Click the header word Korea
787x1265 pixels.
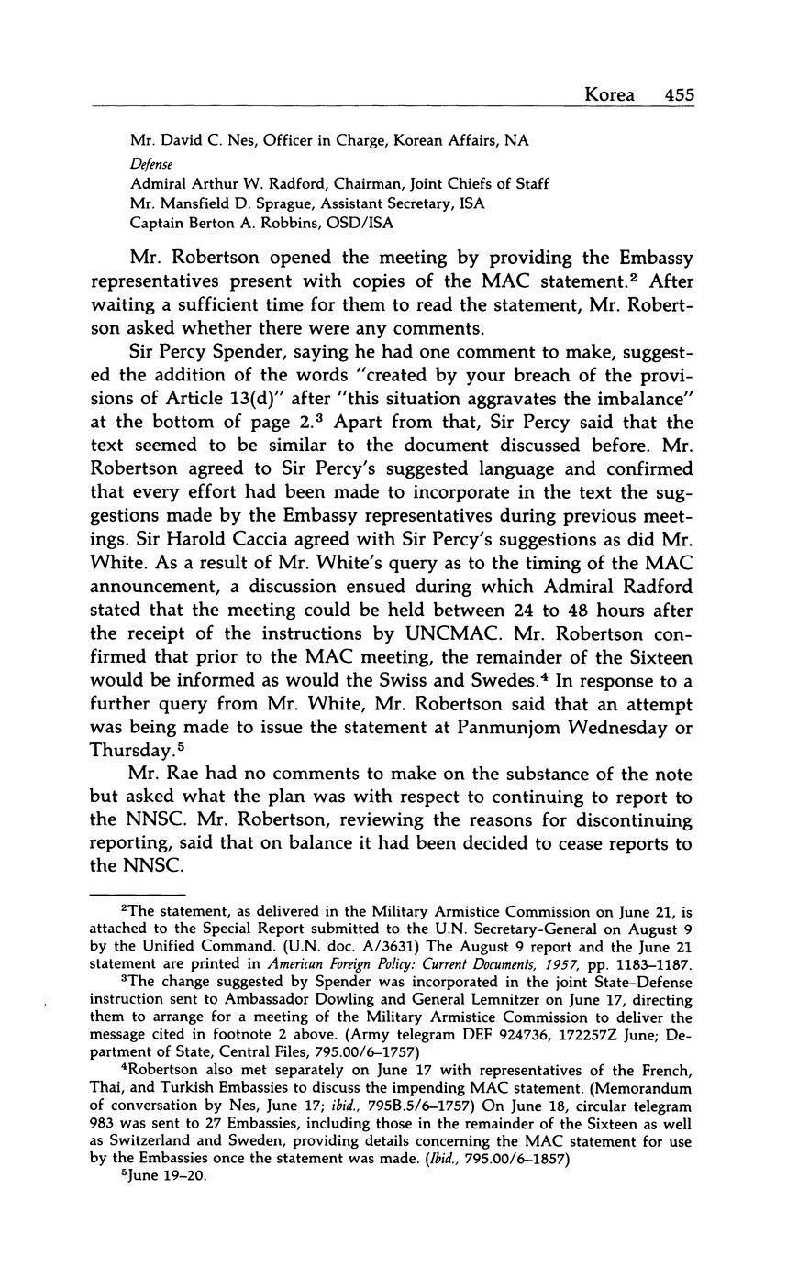tap(609, 95)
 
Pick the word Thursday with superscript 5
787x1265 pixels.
tap(131, 752)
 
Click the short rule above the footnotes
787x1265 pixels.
tap(138, 895)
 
